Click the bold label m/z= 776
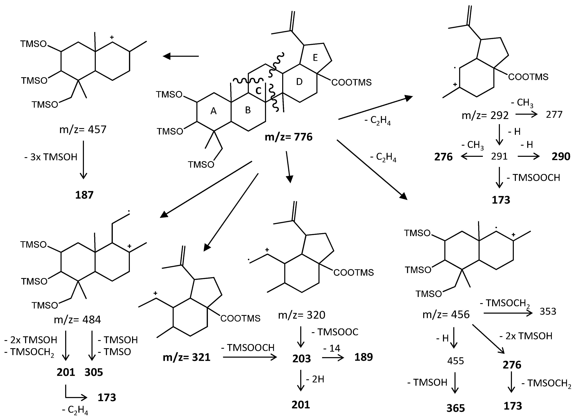pyautogui.click(x=289, y=137)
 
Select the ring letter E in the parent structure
pyautogui.click(x=315, y=58)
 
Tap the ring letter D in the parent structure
pyautogui.click(x=299, y=82)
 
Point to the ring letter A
pyautogui.click(x=213, y=111)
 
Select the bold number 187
pyautogui.click(x=84, y=195)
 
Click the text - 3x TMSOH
pyautogui.click(x=51, y=157)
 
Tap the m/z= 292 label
pyautogui.click(x=485, y=116)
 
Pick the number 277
pyautogui.click(x=554, y=115)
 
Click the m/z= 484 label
pyautogui.click(x=77, y=320)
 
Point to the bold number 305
pyautogui.click(x=94, y=372)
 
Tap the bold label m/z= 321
pyautogui.click(x=187, y=357)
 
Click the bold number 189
pyautogui.click(x=363, y=357)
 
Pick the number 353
pyautogui.click(x=548, y=311)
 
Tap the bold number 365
pyautogui.click(x=456, y=408)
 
